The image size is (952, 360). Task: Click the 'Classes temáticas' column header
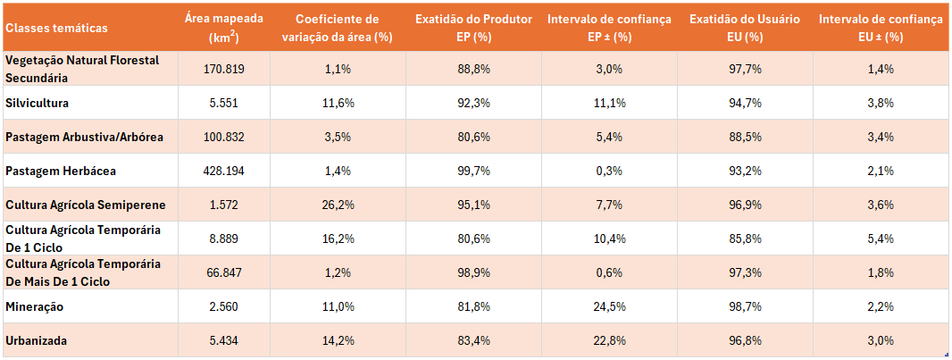(x=56, y=28)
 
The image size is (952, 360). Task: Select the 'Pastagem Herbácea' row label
(x=61, y=171)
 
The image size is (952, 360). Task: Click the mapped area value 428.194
(x=223, y=171)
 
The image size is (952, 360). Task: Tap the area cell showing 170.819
(x=223, y=69)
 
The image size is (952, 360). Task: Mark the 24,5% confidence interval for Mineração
(x=611, y=306)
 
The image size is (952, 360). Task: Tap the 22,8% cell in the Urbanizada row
(x=611, y=340)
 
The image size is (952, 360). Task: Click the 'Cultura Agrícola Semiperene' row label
(x=86, y=205)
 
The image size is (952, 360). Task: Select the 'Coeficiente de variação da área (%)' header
(x=336, y=28)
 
